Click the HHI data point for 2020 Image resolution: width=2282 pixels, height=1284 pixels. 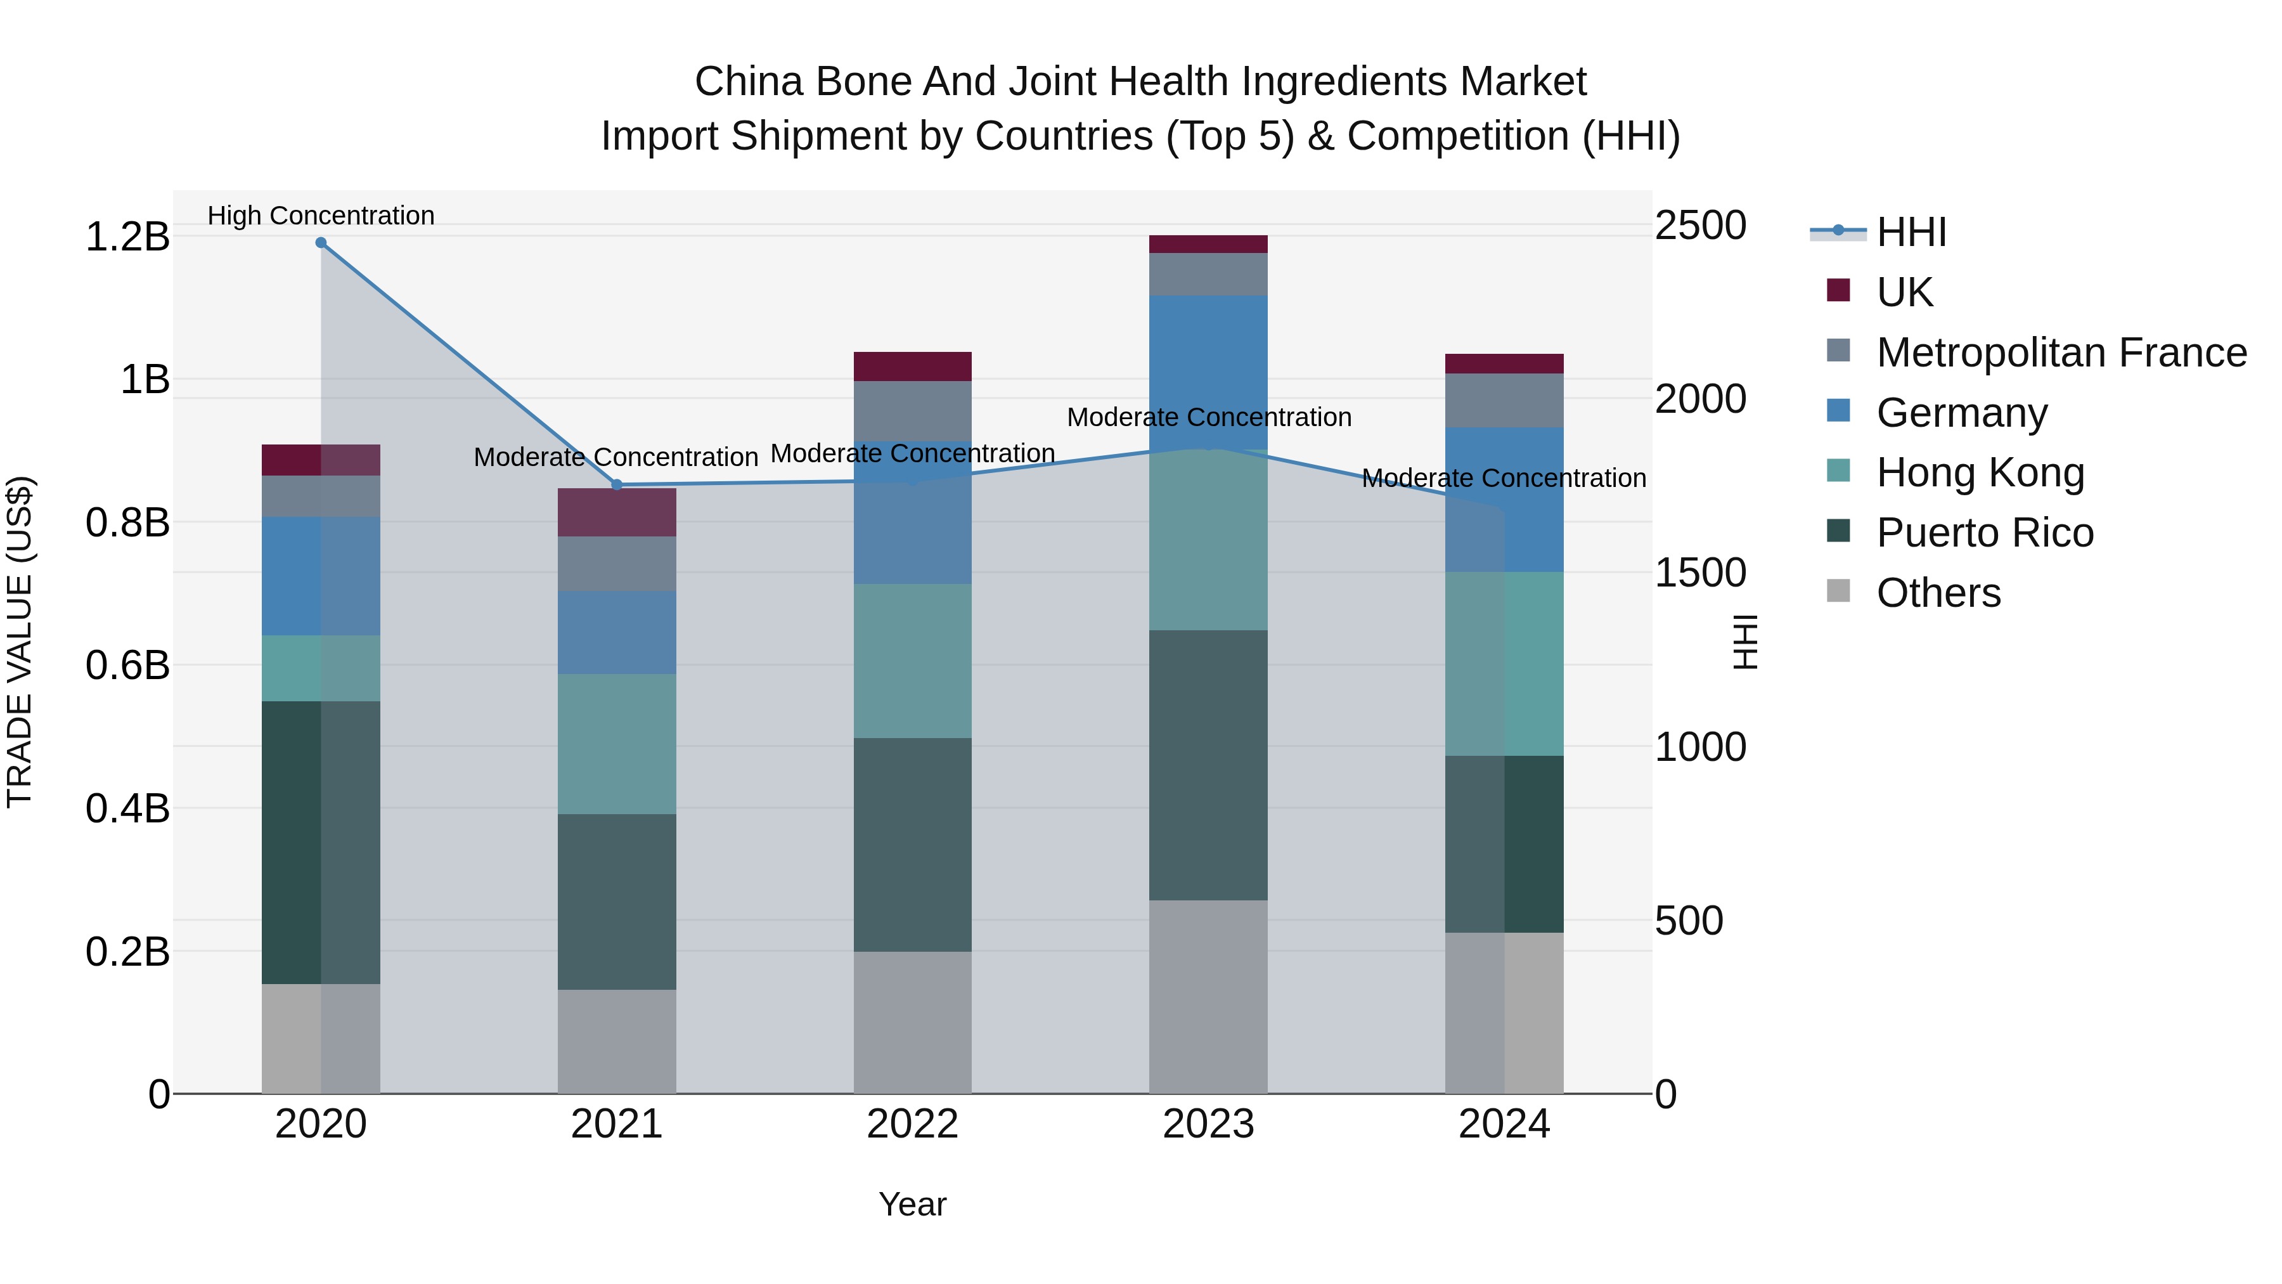(x=321, y=243)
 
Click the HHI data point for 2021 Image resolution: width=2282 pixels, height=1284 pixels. (x=617, y=484)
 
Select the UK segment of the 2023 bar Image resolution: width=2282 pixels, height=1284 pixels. (x=1208, y=245)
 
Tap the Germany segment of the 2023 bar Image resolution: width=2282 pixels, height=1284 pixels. (x=1208, y=372)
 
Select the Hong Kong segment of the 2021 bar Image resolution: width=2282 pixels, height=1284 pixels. (x=617, y=744)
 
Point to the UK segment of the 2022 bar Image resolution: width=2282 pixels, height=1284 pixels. (x=912, y=366)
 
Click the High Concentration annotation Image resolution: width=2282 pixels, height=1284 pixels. (x=321, y=216)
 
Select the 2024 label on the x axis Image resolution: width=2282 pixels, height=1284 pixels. (x=1504, y=1124)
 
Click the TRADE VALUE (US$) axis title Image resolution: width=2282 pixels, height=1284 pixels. (x=20, y=642)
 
